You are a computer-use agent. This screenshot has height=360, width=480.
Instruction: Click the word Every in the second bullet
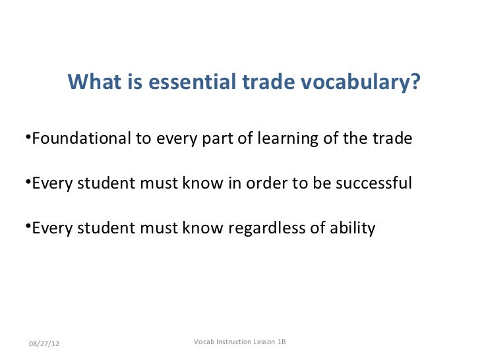click(x=52, y=183)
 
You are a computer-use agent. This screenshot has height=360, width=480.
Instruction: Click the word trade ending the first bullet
click(x=394, y=139)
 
